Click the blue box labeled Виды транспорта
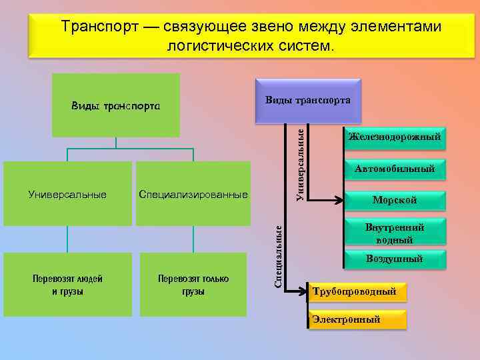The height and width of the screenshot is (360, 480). [x=307, y=100]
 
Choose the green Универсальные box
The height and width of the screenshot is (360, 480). [x=67, y=194]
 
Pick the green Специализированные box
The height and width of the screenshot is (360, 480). [x=193, y=194]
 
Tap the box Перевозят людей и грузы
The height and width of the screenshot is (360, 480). [x=67, y=285]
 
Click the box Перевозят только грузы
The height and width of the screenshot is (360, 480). [x=193, y=285]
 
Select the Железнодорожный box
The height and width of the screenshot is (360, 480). [x=394, y=138]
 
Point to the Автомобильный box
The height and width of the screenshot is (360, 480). [x=394, y=169]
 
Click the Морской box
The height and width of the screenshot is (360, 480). [x=394, y=199]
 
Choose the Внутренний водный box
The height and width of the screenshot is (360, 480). [x=394, y=233]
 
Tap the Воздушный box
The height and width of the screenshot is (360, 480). [x=394, y=259]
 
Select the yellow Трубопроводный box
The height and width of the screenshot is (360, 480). [x=357, y=291]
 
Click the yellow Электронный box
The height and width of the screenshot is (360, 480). [x=357, y=319]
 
